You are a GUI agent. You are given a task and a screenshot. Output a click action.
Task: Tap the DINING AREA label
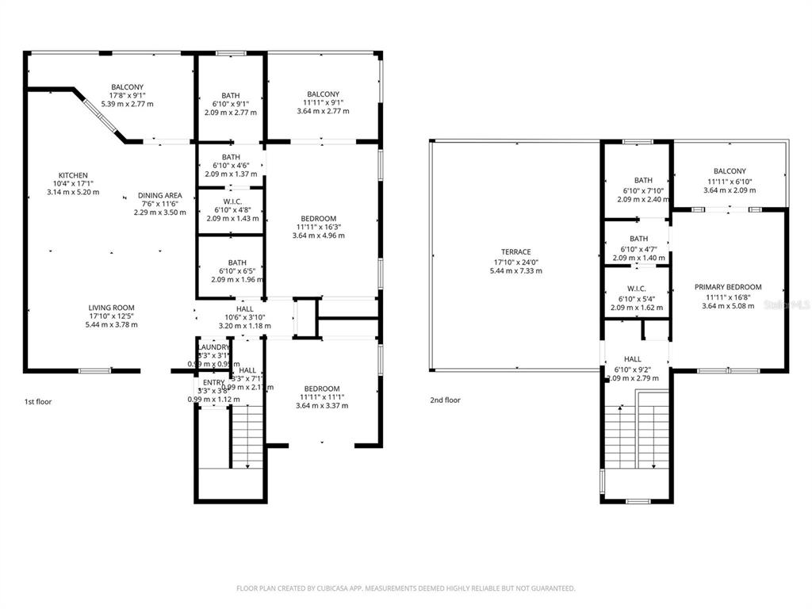[159, 195]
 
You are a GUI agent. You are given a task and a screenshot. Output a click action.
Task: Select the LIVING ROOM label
[111, 308]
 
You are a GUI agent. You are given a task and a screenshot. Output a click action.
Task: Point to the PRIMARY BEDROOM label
[728, 287]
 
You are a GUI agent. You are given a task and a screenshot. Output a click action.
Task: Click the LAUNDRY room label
[213, 347]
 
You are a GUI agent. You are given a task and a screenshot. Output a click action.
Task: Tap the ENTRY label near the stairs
[213, 382]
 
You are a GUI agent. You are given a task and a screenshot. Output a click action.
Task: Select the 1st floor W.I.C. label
[231, 201]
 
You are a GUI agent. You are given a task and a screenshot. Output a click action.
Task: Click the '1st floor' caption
[37, 402]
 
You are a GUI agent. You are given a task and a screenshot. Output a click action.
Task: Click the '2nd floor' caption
[445, 400]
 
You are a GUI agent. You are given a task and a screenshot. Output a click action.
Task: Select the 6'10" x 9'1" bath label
[231, 104]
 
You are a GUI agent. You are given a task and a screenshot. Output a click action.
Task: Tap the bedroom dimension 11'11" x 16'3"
[318, 227]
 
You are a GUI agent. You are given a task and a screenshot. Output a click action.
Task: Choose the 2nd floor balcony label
[729, 171]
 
